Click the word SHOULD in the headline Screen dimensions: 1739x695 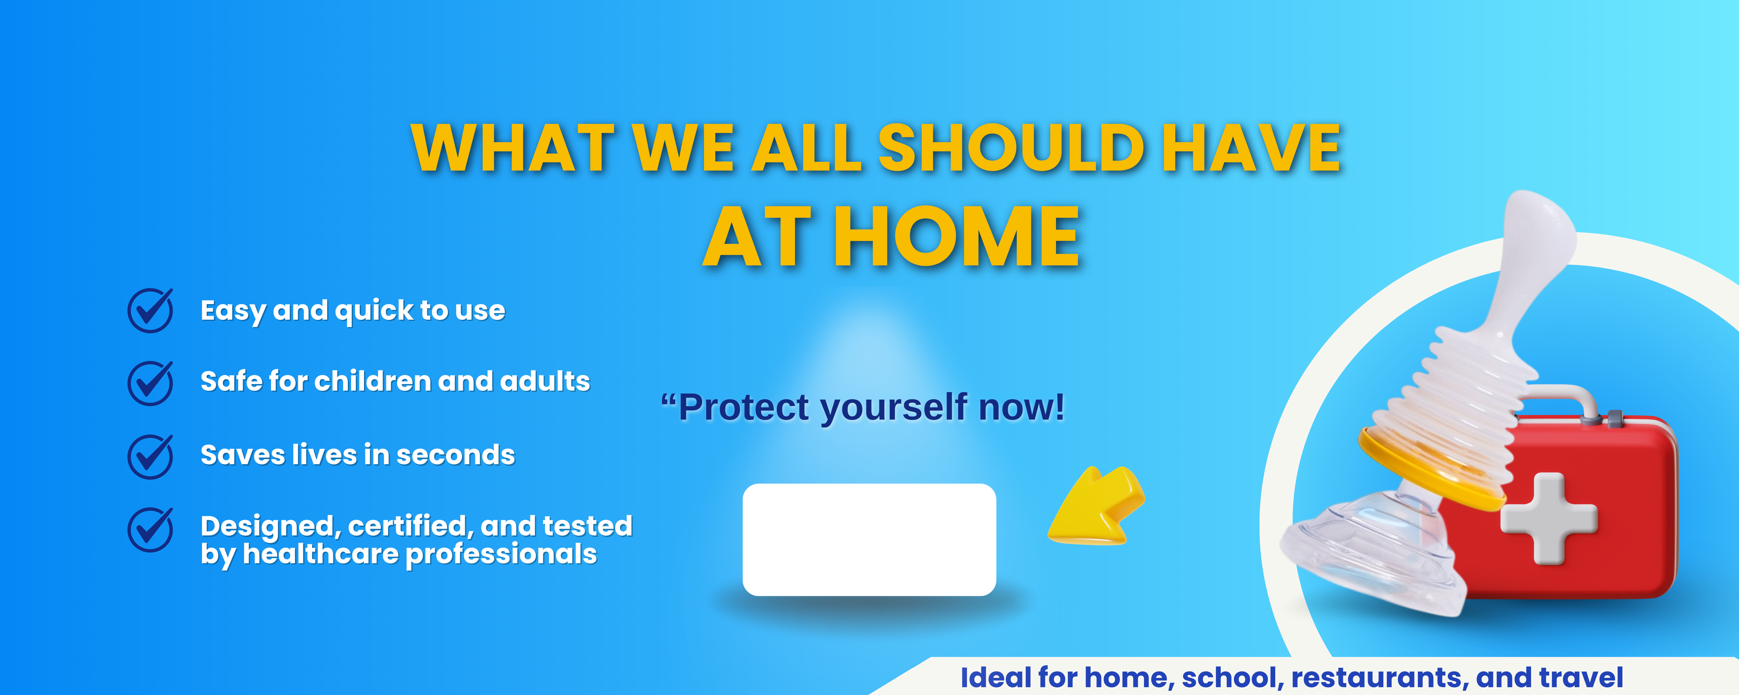pos(1011,148)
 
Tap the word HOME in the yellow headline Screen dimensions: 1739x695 pos(957,237)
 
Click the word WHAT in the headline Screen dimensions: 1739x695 pos(512,148)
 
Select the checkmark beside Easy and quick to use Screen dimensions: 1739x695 pos(150,310)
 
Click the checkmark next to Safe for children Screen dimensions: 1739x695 pos(150,383)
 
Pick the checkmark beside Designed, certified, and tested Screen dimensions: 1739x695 pos(150,530)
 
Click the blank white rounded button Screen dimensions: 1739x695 pos(869,540)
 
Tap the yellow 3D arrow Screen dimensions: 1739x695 pos(1096,505)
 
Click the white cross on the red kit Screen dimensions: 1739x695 pos(1549,518)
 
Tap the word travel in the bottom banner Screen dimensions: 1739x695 pos(1583,677)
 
